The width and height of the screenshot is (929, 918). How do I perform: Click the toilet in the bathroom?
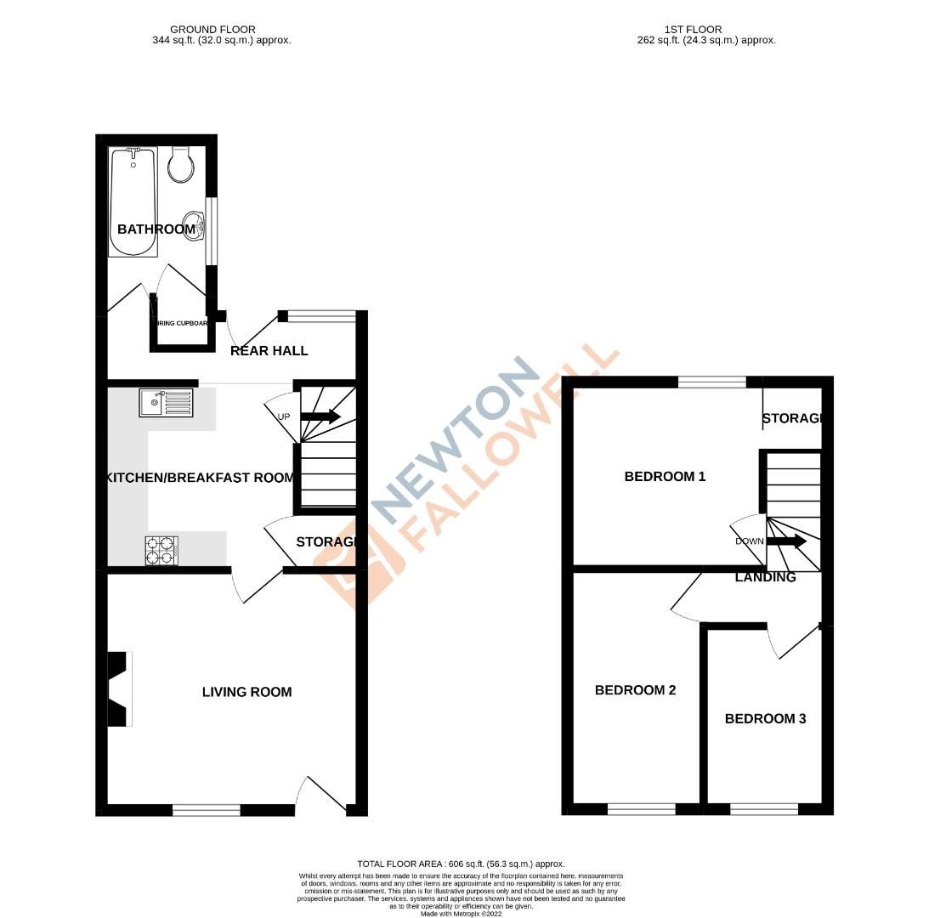pos(180,165)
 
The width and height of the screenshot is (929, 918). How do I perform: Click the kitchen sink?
pos(167,402)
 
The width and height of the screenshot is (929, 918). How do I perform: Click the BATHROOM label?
pos(156,229)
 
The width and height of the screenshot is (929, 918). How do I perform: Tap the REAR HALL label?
pos(269,351)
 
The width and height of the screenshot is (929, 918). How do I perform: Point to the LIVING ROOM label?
pos(246,692)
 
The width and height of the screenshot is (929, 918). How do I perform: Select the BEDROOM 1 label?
pos(665,477)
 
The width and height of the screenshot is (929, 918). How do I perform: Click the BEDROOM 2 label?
pos(635,690)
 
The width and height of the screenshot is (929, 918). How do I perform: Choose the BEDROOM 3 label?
pos(765,719)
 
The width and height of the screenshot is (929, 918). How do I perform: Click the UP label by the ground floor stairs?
pos(284,416)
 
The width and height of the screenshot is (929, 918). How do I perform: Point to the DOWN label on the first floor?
pos(750,541)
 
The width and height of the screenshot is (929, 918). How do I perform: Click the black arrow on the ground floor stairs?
pos(320,416)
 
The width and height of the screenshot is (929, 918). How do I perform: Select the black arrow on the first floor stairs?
pos(787,541)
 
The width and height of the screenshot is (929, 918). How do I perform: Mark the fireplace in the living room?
pos(119,688)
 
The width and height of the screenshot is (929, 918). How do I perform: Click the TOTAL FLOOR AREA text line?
pos(462,864)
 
